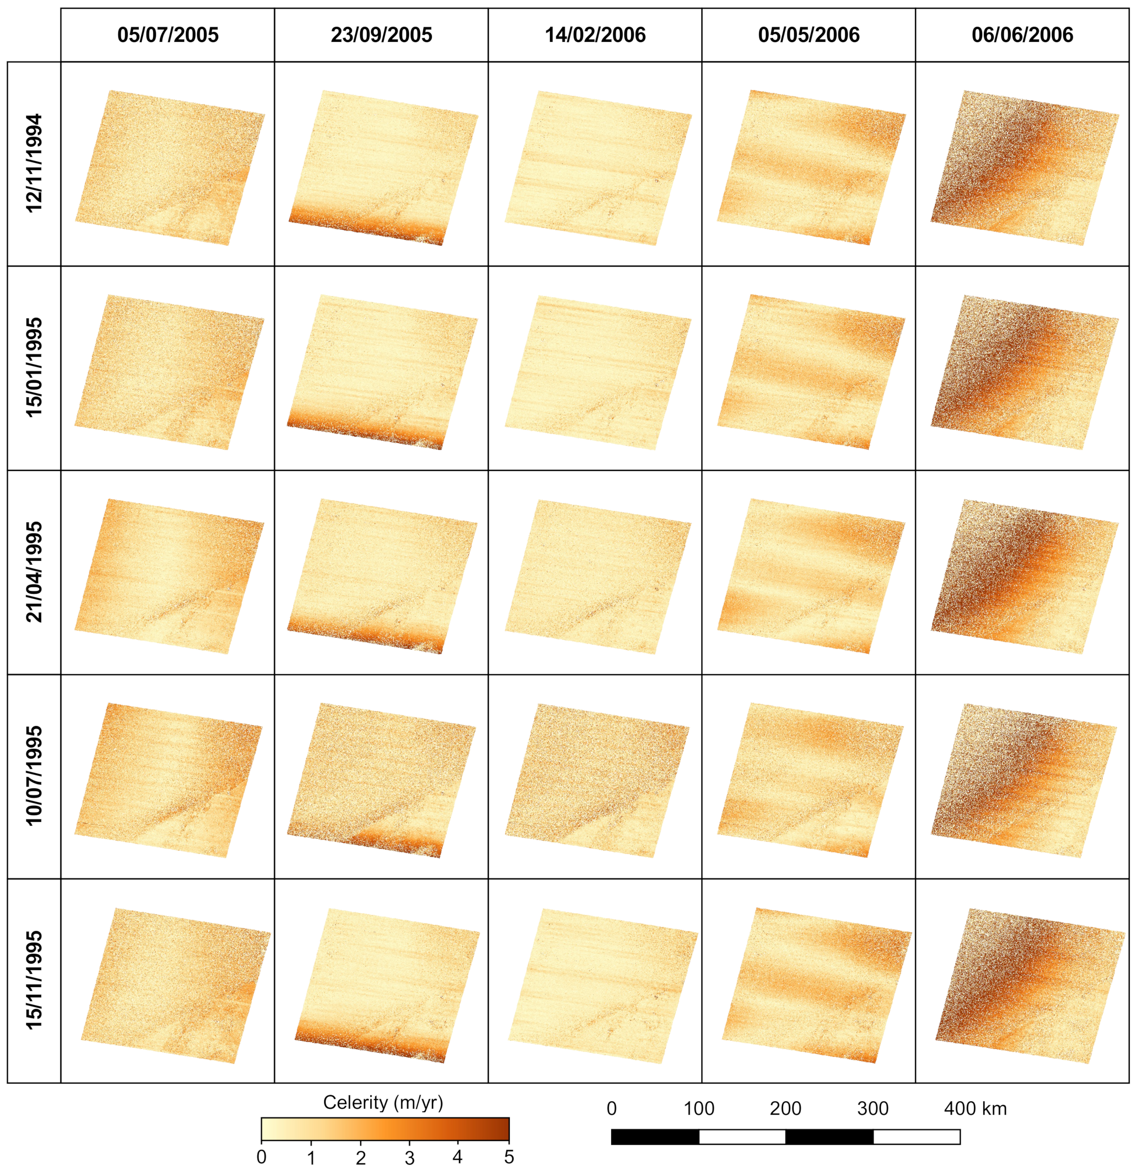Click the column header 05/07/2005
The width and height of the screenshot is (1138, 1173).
(x=168, y=35)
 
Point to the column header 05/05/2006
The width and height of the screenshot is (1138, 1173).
(x=808, y=35)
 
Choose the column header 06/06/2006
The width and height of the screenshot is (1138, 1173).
(x=1022, y=35)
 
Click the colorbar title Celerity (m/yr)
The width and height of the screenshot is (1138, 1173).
(x=383, y=1103)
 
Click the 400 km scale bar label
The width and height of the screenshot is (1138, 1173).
(x=975, y=1109)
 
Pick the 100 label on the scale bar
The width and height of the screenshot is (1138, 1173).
(x=699, y=1109)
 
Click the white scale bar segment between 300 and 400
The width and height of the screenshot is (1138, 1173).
(x=916, y=1137)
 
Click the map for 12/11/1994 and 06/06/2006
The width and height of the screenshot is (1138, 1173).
(x=1024, y=168)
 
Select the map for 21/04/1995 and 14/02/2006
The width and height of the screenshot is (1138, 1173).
(x=598, y=576)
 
